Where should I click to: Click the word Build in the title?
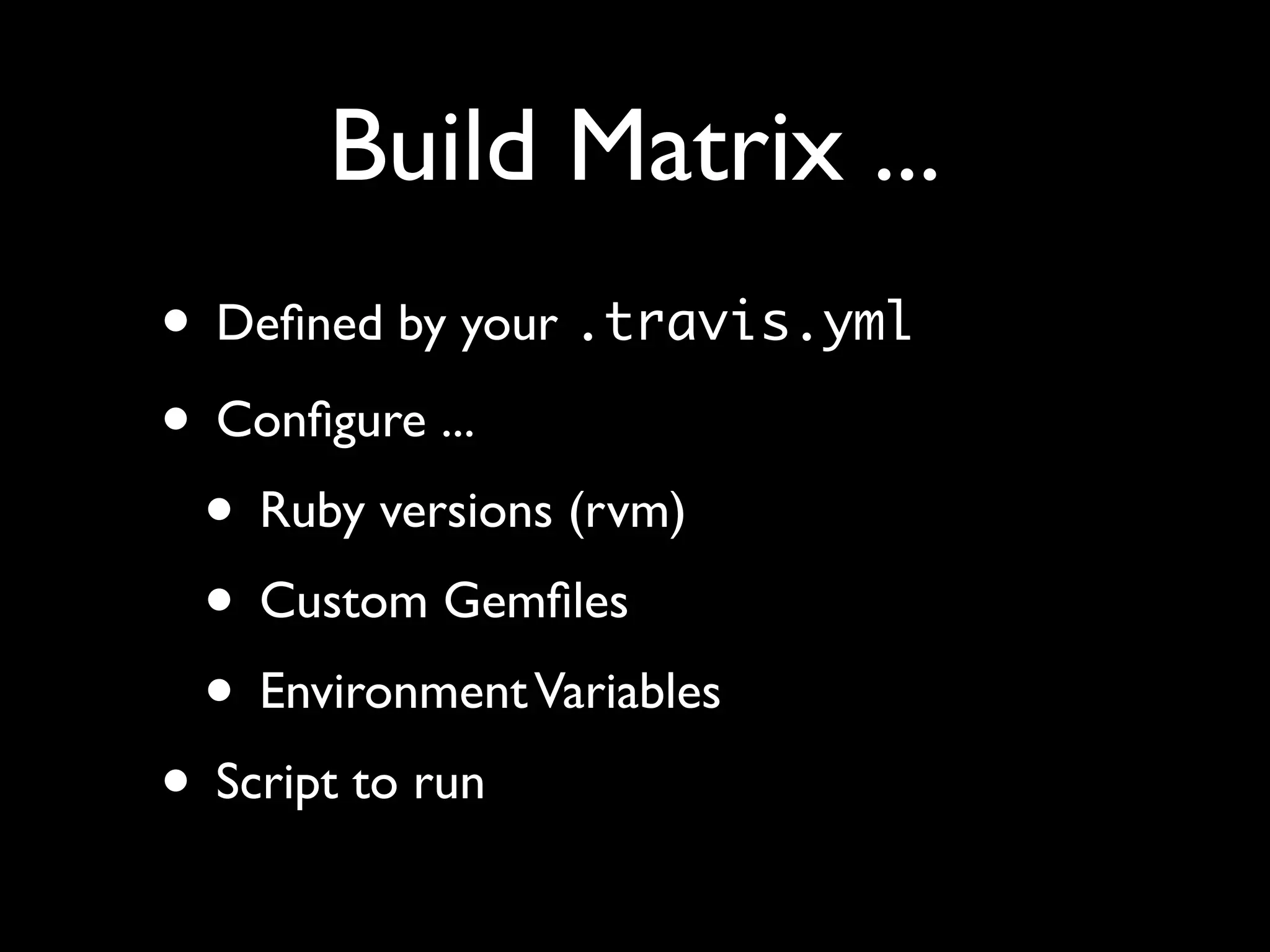coord(433,147)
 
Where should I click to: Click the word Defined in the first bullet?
coord(299,324)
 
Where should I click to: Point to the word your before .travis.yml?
coord(508,327)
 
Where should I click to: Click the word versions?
coord(465,513)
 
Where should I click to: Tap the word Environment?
coord(393,691)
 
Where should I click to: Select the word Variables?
coord(628,691)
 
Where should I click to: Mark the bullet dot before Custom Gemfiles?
coord(220,600)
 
